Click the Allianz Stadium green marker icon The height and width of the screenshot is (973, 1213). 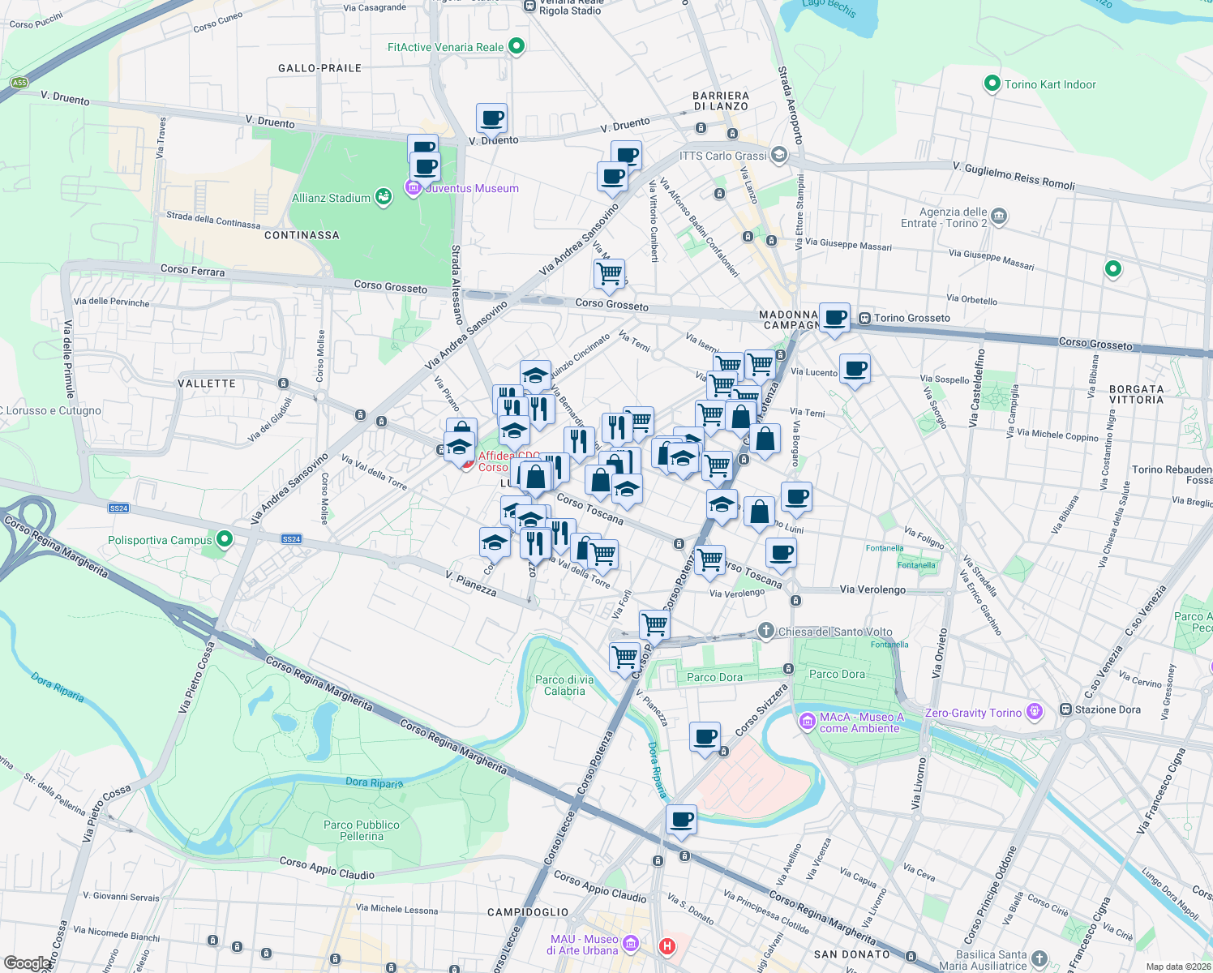[x=384, y=197]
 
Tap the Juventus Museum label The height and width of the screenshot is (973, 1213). [x=472, y=188]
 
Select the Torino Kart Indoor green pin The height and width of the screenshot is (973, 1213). [x=991, y=84]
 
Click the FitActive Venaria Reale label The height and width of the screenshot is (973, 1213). [x=445, y=47]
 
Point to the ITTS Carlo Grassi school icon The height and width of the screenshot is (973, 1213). [x=779, y=155]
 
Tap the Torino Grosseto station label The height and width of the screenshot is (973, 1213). [x=911, y=318]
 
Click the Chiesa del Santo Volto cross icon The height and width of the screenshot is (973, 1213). [x=765, y=631]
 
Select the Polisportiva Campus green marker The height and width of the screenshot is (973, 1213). [x=225, y=539]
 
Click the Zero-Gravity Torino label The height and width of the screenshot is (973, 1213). [x=973, y=713]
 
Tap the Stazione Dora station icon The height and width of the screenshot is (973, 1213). [x=1064, y=709]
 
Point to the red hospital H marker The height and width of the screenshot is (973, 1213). [x=667, y=945]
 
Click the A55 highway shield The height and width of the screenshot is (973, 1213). [x=19, y=83]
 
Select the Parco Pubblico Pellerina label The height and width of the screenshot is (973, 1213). [x=362, y=830]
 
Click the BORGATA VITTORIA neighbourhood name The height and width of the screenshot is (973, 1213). [x=1136, y=394]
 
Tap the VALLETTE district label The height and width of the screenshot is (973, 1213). [x=207, y=384]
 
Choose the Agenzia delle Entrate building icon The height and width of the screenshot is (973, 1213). [x=999, y=216]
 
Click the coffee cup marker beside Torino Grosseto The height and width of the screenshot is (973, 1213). [x=834, y=317]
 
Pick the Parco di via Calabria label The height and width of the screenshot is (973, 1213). [x=564, y=685]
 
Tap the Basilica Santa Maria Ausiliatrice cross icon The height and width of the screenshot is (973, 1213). [x=1039, y=958]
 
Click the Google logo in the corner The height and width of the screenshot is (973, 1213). [x=27, y=962]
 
